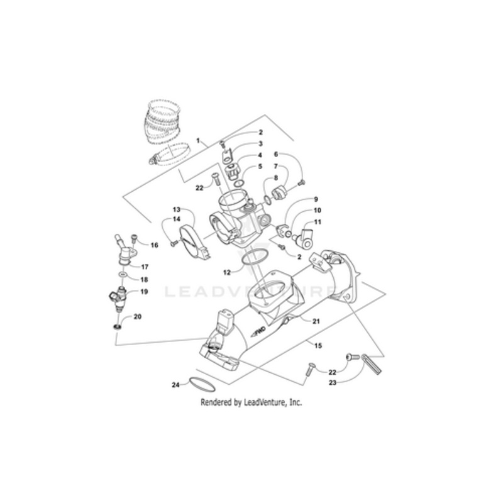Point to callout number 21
tap(316, 321)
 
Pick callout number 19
tap(144, 292)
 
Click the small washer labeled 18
tap(121, 276)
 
